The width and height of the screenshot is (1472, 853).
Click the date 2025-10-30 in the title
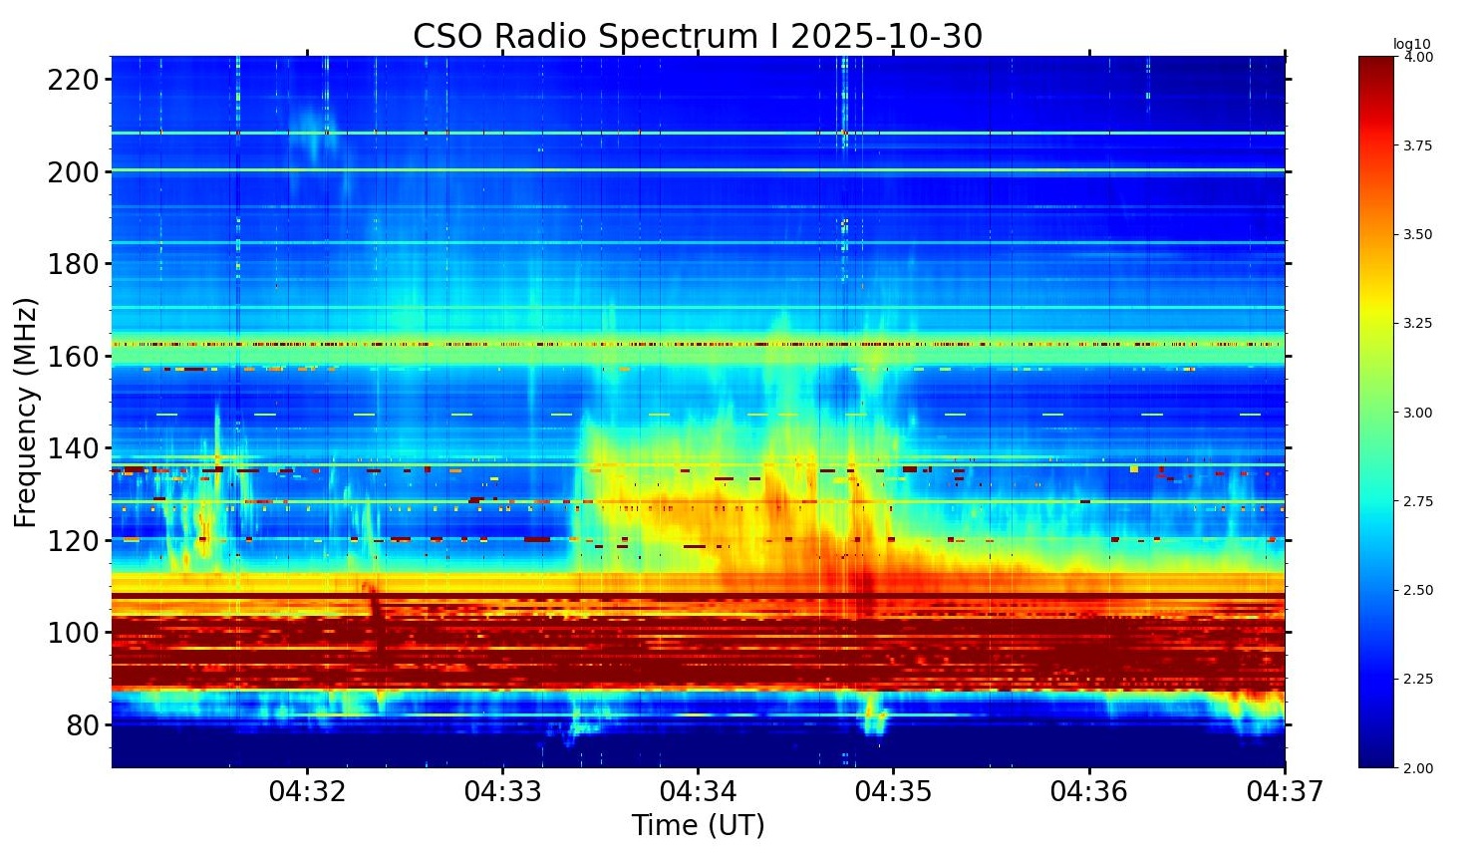[x=886, y=37]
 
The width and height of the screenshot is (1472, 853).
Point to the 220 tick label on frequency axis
[x=73, y=80]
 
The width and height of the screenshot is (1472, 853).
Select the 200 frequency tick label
[x=73, y=172]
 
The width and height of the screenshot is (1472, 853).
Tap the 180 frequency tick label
[x=73, y=264]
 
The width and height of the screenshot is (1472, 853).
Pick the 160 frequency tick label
[x=73, y=357]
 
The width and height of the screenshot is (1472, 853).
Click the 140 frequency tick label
[x=73, y=448]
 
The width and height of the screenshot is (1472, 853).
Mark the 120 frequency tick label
[x=73, y=541]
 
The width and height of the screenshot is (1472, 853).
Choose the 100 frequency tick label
[x=73, y=633]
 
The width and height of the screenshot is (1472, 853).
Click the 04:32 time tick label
[x=307, y=792]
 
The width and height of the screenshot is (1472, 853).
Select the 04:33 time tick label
[x=502, y=792]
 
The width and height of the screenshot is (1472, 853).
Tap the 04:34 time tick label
[x=698, y=792]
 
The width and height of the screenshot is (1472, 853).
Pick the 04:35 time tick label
[x=893, y=792]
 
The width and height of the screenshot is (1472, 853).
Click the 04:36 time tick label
[x=1089, y=792]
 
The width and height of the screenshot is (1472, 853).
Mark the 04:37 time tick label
[x=1285, y=792]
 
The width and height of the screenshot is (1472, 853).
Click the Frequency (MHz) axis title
[x=26, y=412]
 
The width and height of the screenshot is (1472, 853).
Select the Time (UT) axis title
[x=698, y=826]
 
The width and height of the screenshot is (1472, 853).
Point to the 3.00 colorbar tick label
[x=1418, y=413]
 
